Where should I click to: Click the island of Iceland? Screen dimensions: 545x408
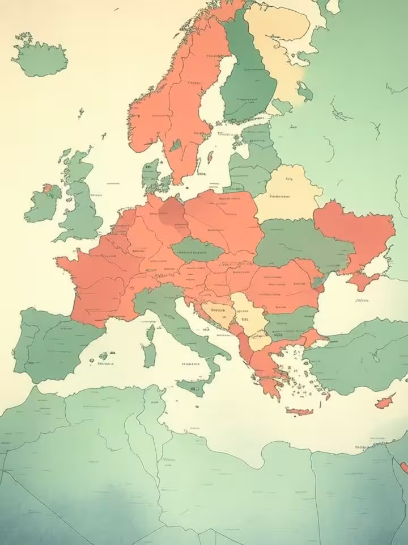[40, 57]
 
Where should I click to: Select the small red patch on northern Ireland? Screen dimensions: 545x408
[48, 188]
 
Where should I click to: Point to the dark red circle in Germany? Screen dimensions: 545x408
[171, 214]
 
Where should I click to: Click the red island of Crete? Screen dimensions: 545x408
[300, 410]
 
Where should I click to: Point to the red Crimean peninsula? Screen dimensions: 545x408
[363, 280]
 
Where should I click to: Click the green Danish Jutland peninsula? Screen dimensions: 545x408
[150, 173]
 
